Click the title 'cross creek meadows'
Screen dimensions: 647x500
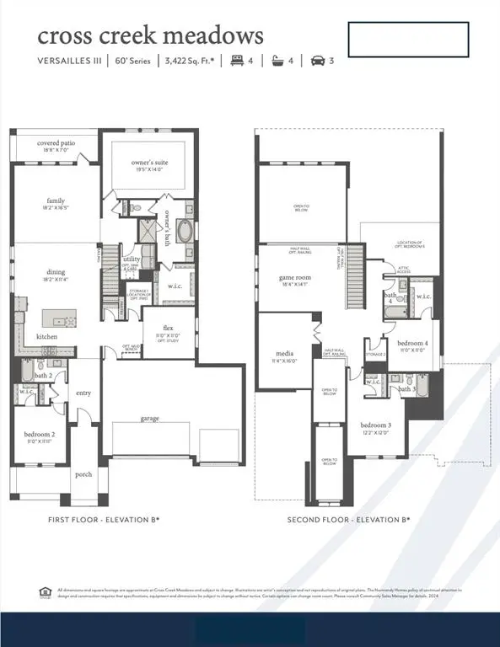click(150, 35)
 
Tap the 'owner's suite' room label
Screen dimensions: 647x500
click(149, 162)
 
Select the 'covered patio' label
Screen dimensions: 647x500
click(56, 143)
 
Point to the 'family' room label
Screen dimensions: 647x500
click(56, 201)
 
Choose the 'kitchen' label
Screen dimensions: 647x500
click(47, 337)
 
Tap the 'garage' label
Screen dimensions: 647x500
click(149, 418)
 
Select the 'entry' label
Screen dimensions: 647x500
click(83, 393)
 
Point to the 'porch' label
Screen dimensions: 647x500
click(83, 473)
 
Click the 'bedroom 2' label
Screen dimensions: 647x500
click(39, 435)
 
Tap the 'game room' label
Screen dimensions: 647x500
click(295, 277)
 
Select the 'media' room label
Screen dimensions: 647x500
click(284, 354)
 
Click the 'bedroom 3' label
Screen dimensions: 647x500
click(375, 424)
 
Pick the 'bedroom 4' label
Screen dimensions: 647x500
click(412, 343)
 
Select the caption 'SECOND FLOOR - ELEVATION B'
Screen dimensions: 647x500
click(348, 520)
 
